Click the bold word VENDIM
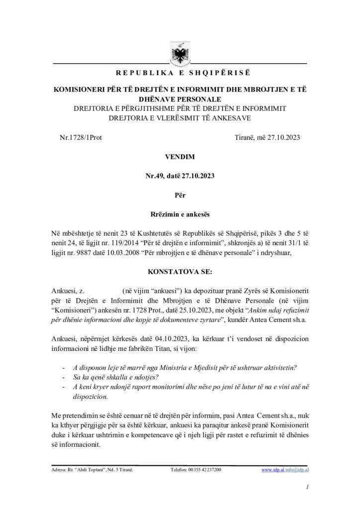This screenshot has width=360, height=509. tap(180, 157)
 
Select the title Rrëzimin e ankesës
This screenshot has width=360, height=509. tap(180, 215)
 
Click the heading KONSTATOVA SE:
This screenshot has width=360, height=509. tap(180, 272)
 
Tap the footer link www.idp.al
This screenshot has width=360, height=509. tap(272, 469)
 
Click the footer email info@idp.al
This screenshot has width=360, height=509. tap(297, 469)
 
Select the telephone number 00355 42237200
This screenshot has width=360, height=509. tap(202, 469)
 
